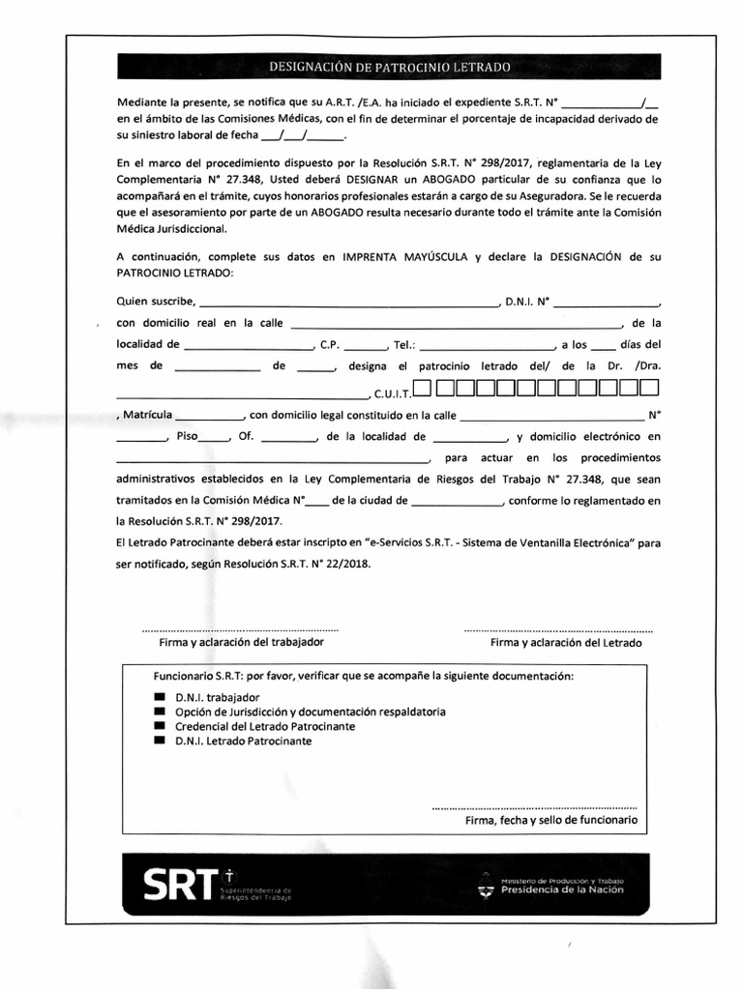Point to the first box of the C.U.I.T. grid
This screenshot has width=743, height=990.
(x=422, y=390)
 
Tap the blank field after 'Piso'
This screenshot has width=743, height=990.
(x=215, y=438)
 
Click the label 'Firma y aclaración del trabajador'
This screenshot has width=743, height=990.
(x=241, y=642)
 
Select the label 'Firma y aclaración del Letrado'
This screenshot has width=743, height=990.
(x=566, y=642)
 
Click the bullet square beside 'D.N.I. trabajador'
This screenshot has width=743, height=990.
(x=160, y=697)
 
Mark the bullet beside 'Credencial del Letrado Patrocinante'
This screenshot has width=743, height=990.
(x=160, y=726)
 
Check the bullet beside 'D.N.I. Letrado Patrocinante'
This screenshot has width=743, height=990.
(x=160, y=742)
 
